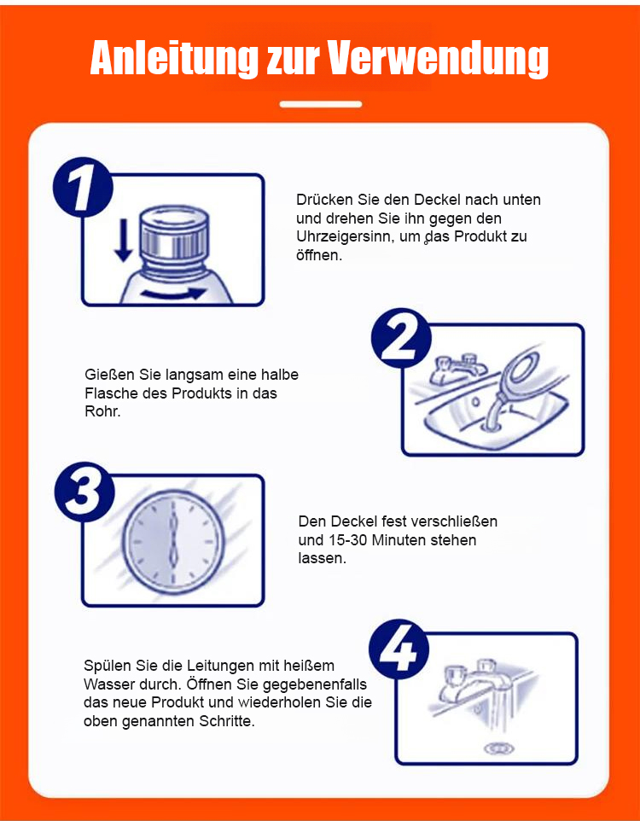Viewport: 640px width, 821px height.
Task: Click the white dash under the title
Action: tap(321, 104)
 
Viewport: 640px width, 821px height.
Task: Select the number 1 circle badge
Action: tap(84, 187)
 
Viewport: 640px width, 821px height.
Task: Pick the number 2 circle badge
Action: tap(401, 338)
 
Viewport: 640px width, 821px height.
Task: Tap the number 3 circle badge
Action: tap(84, 492)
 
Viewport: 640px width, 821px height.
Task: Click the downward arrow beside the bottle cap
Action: tap(124, 240)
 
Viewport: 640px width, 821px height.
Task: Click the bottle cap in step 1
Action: tap(173, 232)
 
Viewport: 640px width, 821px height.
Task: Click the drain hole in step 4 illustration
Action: tap(498, 748)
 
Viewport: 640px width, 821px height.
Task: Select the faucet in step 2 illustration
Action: tap(456, 370)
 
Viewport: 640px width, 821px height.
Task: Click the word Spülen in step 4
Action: tap(108, 667)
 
